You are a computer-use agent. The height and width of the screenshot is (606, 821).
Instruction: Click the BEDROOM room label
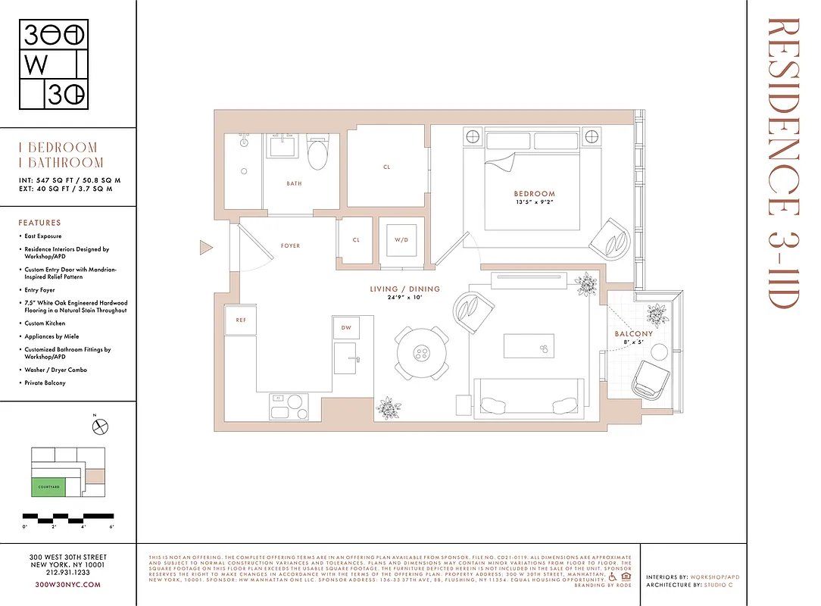(x=534, y=194)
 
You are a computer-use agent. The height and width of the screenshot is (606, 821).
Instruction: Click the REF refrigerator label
(x=241, y=320)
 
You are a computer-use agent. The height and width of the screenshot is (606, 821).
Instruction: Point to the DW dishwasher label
(x=346, y=328)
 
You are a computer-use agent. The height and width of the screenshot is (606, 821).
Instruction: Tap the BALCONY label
(x=633, y=334)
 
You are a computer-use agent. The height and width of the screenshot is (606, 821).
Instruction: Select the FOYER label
(x=290, y=246)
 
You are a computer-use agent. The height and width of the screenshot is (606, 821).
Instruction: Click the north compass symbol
(x=99, y=427)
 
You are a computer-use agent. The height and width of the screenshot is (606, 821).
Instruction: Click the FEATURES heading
(x=39, y=223)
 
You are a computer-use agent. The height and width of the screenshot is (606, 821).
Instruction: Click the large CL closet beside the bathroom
(x=386, y=167)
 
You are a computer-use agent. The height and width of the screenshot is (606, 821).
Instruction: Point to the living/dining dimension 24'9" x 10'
(x=404, y=297)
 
